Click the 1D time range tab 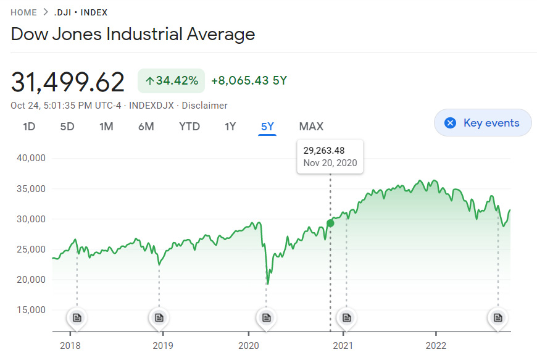click(29, 127)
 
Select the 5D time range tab click(67, 127)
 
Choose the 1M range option click(106, 127)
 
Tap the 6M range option click(146, 127)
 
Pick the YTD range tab click(189, 127)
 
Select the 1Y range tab click(230, 127)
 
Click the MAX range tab click(311, 127)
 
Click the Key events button click(483, 123)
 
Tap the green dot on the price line click(330, 223)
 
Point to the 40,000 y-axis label click(30, 158)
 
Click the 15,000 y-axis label click(30, 309)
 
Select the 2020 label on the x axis click(248, 345)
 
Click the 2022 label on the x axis click(436, 345)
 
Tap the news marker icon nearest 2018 click(77, 317)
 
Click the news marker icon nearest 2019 click(159, 317)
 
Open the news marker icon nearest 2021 click(346, 317)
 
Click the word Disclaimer click(204, 106)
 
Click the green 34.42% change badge click(171, 81)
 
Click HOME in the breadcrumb click(24, 12)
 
